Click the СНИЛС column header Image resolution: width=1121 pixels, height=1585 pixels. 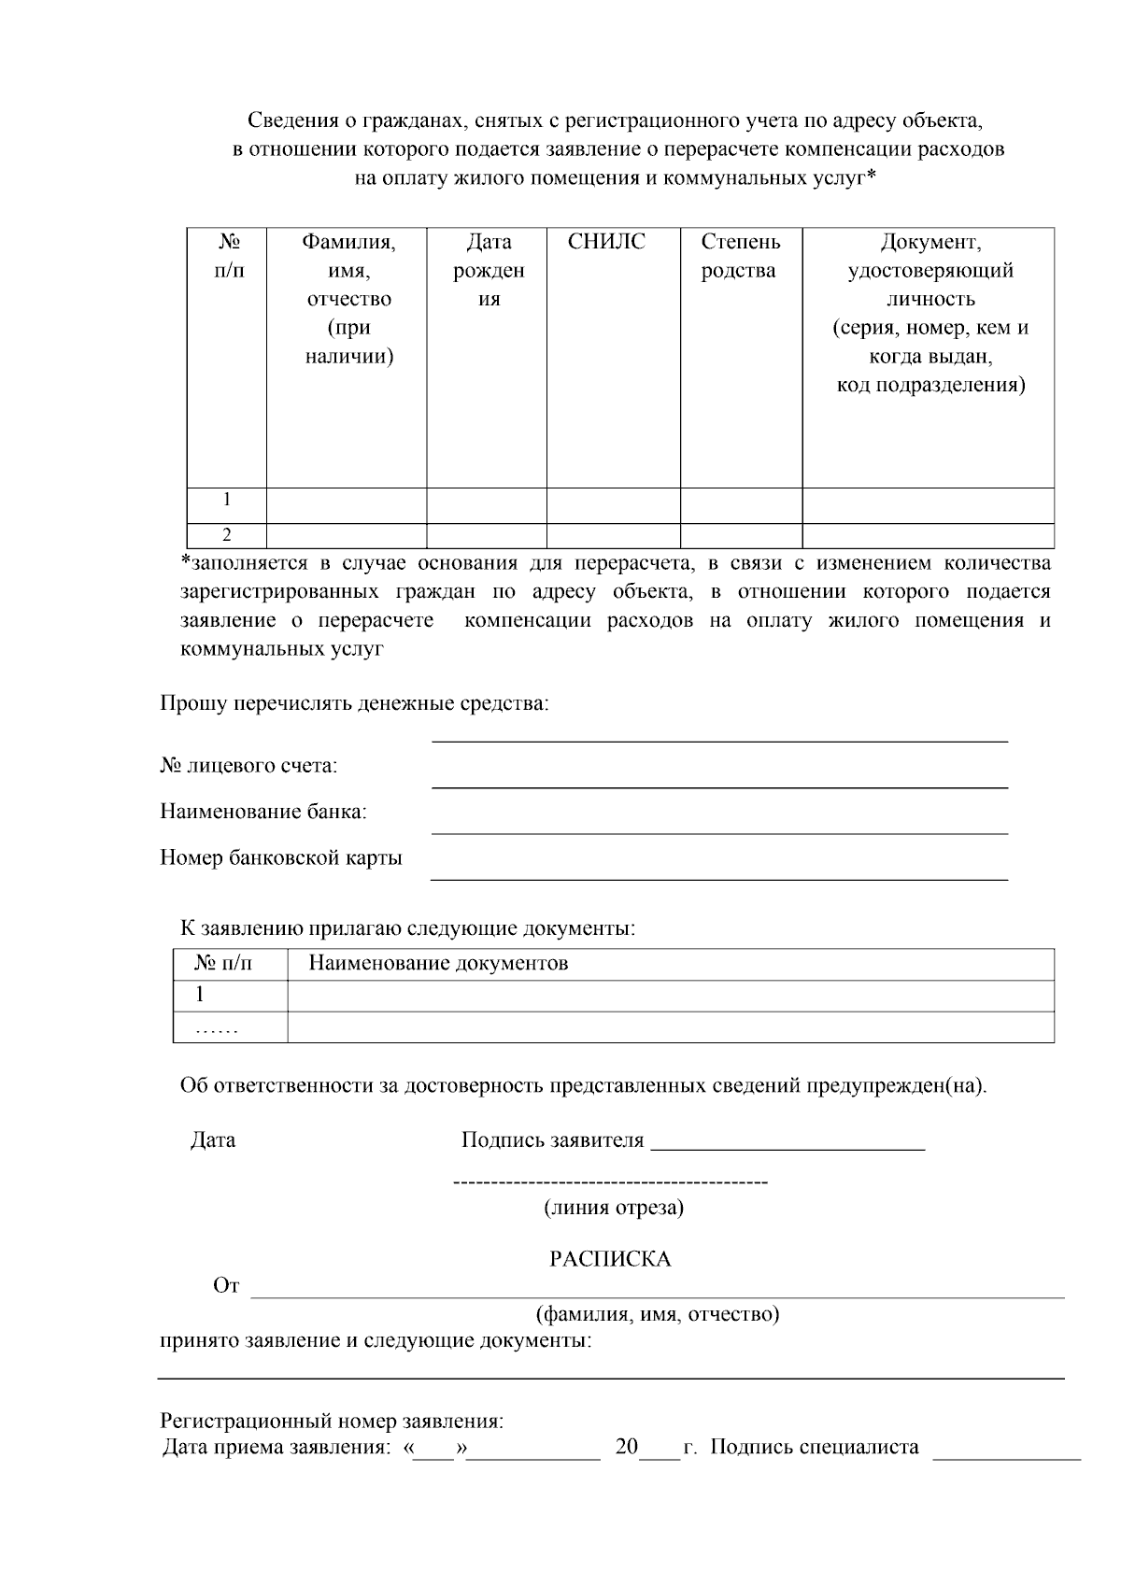coord(606,243)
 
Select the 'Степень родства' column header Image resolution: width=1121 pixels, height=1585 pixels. coord(740,257)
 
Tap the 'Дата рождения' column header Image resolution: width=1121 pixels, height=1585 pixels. coord(489,271)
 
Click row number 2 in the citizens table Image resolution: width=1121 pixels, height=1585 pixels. coord(227,535)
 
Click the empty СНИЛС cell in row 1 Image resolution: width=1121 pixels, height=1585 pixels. coord(613,504)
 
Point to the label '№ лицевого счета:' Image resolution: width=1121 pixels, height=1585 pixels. coord(248,766)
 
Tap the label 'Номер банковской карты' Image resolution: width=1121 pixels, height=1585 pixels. coord(281,857)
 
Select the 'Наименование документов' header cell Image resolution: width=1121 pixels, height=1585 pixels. coord(438,963)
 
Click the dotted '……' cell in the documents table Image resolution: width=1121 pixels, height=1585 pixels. coord(218,1028)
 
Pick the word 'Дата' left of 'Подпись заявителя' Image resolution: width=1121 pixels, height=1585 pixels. coord(213,1140)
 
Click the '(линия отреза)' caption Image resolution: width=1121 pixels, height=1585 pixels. coord(614,1208)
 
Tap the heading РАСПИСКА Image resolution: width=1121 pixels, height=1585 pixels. coord(610,1259)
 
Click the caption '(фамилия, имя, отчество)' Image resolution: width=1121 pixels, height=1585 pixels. coord(658,1314)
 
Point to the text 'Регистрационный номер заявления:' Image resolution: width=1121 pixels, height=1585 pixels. coord(332,1422)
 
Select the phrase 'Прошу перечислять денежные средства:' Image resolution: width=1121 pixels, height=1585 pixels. coord(354,703)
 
